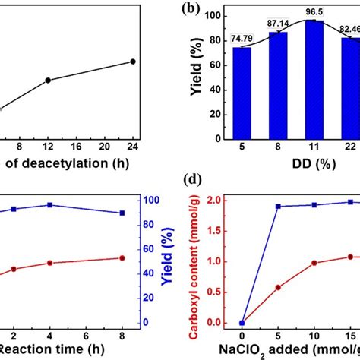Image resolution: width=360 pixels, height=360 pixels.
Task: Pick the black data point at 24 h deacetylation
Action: click(x=133, y=62)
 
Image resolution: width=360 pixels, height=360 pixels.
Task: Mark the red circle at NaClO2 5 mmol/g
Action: click(x=278, y=287)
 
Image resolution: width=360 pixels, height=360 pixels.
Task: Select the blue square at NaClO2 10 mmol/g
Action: click(x=314, y=205)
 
